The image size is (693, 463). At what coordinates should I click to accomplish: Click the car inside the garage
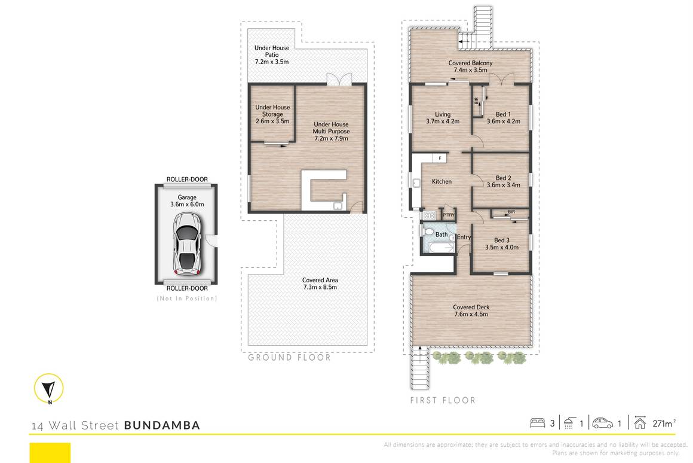[186, 243]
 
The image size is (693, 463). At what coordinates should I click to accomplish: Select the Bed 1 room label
[502, 114]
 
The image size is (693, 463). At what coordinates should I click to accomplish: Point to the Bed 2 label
[503, 178]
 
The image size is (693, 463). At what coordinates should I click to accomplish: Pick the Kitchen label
[442, 181]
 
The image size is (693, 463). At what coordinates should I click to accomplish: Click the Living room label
[442, 114]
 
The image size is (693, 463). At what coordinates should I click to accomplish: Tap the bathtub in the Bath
[437, 248]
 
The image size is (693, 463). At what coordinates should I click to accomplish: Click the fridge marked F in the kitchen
[440, 158]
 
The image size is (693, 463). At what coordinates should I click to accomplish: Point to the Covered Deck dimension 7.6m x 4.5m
[471, 314]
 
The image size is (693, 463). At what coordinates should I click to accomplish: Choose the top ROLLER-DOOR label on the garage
[187, 179]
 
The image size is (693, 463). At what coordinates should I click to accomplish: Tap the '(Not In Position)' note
[187, 298]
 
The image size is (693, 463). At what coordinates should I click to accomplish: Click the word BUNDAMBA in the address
[162, 426]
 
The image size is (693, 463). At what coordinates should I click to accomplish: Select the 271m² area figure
[663, 424]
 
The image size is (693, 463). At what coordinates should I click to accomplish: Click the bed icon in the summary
[538, 424]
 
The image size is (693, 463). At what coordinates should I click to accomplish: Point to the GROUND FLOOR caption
[289, 358]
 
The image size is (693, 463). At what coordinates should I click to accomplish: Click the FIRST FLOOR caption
[443, 400]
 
